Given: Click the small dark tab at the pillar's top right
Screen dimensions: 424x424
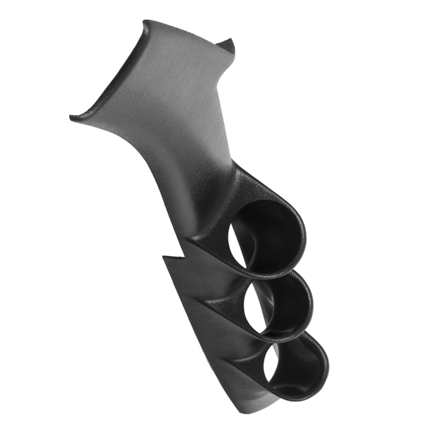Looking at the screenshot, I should pyautogui.click(x=228, y=45).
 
